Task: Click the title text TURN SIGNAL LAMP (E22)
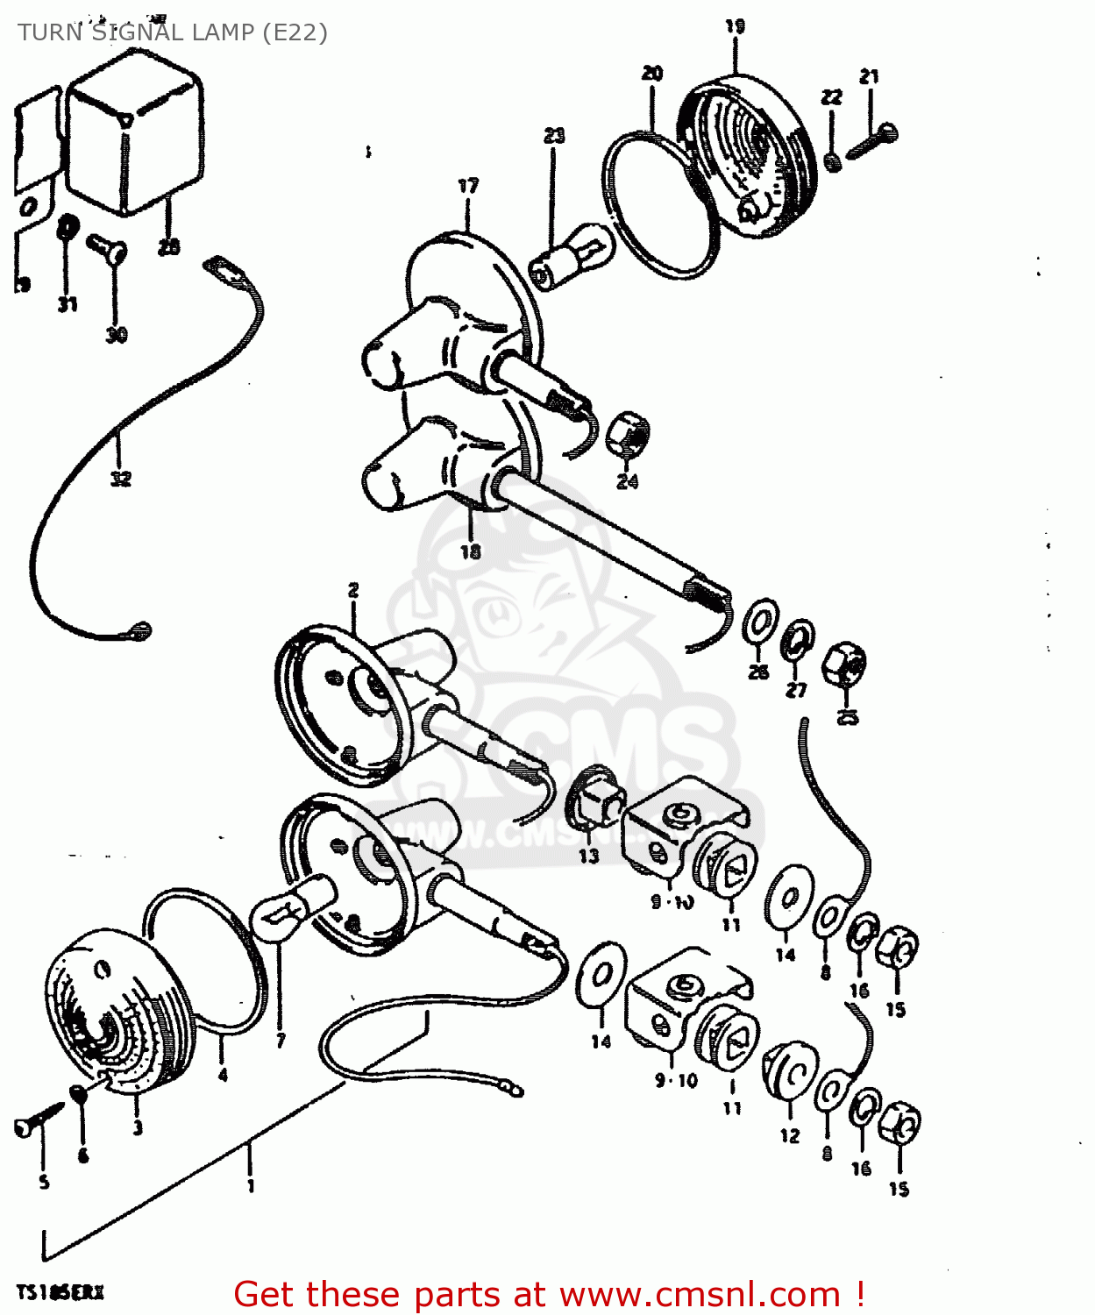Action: click(x=172, y=32)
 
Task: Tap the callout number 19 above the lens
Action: click(x=735, y=26)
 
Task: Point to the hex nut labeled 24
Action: click(x=628, y=432)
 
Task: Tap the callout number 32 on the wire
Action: click(x=120, y=479)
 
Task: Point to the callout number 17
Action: click(x=468, y=186)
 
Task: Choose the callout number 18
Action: click(x=471, y=551)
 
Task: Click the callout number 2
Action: click(x=353, y=590)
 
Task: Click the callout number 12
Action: click(x=790, y=1136)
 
